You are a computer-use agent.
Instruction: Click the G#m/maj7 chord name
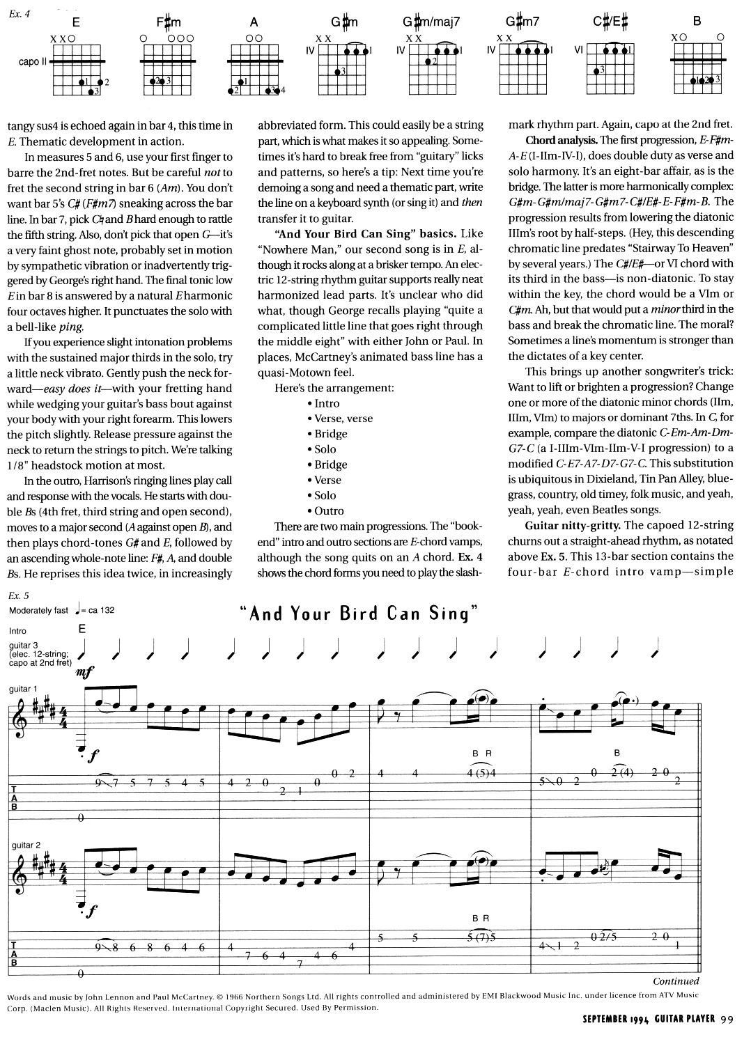[x=431, y=22]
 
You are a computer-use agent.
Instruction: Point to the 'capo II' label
[x=32, y=61]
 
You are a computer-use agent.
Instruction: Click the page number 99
[x=728, y=1020]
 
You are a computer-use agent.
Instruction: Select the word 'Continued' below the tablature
[x=675, y=981]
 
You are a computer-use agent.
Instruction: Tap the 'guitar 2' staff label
[x=26, y=845]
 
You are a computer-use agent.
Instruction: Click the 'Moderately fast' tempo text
[x=39, y=611]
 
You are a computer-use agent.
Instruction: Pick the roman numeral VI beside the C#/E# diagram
[x=578, y=50]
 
